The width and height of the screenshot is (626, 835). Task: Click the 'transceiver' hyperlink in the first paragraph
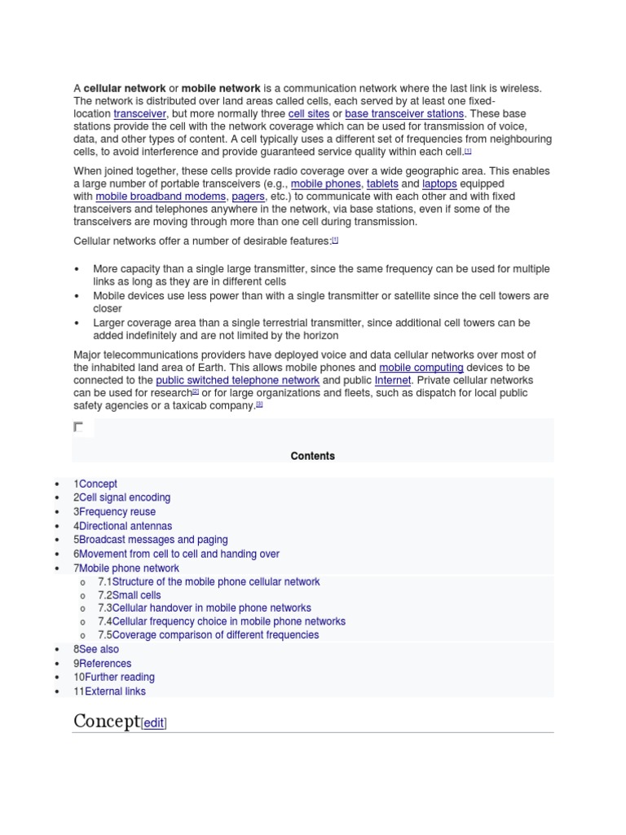(x=140, y=114)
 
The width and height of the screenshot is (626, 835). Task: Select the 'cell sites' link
(x=309, y=114)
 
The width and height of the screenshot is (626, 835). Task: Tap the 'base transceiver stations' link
(x=404, y=114)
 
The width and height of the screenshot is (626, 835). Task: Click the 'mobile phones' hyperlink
(x=325, y=184)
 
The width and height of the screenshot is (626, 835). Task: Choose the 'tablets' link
(x=382, y=184)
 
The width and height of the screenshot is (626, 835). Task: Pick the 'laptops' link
(x=439, y=184)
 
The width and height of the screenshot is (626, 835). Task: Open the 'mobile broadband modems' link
(x=161, y=197)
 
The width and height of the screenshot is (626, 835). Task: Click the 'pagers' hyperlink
(x=248, y=197)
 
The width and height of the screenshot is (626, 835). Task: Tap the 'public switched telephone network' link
(x=238, y=381)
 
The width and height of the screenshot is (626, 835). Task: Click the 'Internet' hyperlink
(x=393, y=381)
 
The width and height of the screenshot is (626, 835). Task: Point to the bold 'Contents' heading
(x=313, y=456)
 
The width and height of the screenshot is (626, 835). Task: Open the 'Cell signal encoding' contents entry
(x=125, y=497)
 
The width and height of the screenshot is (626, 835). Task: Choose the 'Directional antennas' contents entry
(x=126, y=526)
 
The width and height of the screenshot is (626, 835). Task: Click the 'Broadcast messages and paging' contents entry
(x=153, y=540)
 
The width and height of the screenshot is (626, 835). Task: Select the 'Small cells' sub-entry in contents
(x=137, y=595)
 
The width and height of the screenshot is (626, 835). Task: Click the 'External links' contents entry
(x=115, y=691)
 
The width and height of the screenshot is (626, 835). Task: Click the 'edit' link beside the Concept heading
(x=154, y=723)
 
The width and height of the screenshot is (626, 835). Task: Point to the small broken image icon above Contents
(x=78, y=426)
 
